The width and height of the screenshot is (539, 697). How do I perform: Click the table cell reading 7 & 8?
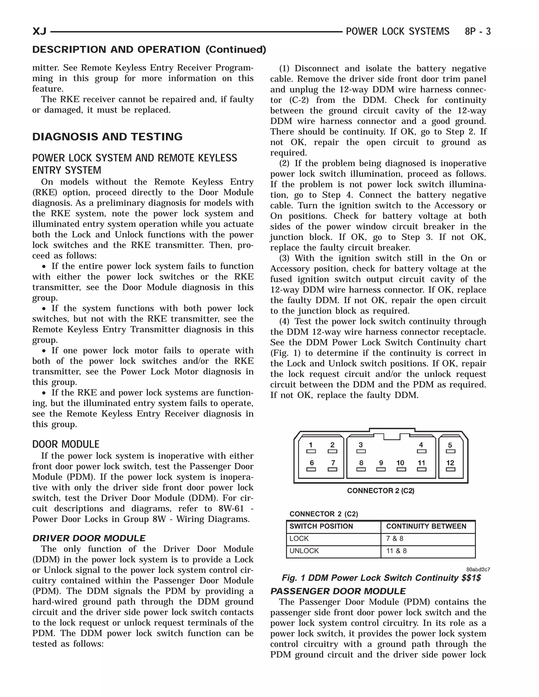[395, 539]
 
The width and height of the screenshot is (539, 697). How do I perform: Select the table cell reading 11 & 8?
[396, 551]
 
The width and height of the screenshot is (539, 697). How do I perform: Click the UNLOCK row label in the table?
[304, 551]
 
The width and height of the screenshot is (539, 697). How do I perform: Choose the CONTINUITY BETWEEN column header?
[426, 526]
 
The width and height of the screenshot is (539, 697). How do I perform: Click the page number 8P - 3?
[478, 32]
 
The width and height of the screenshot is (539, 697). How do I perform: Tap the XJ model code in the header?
[39, 32]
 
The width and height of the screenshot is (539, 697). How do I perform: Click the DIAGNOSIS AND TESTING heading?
[107, 137]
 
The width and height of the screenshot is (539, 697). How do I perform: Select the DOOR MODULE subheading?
[66, 444]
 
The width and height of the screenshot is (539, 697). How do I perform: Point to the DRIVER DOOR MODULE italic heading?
[89, 538]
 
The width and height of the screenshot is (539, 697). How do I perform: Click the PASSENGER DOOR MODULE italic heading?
[338, 591]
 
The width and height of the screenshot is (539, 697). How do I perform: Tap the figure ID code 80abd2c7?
[478, 570]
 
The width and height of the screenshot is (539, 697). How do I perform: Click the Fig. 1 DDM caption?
[381, 578]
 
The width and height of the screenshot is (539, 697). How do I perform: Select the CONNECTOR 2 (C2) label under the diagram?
[381, 491]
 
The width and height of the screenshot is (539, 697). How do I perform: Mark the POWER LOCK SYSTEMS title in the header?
[398, 32]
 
